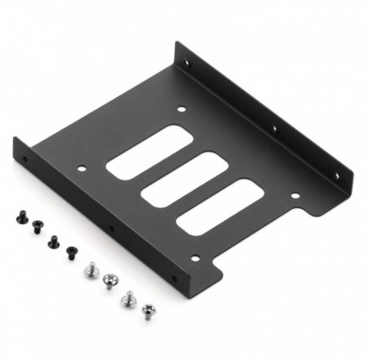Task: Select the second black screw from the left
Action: click(x=36, y=228)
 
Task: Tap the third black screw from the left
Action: click(x=53, y=240)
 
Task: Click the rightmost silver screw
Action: click(x=148, y=310)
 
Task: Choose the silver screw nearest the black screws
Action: click(x=93, y=266)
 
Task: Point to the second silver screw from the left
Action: click(x=109, y=282)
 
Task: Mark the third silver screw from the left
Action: click(x=128, y=299)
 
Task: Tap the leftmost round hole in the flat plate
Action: click(x=82, y=170)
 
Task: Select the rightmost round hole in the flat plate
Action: click(x=295, y=195)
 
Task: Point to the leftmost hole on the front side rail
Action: click(x=26, y=160)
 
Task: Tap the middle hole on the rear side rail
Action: click(x=273, y=127)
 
